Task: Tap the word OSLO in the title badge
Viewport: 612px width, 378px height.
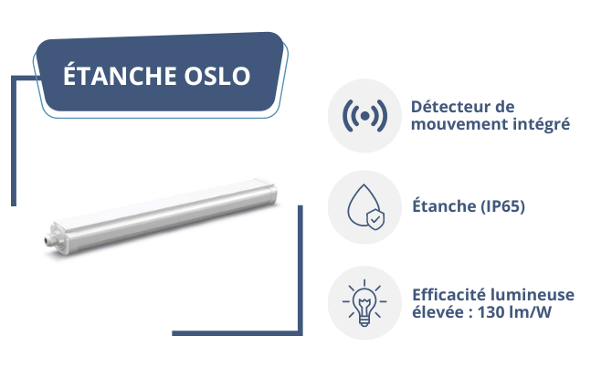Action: click(217, 76)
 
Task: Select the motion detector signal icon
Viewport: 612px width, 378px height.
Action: click(364, 116)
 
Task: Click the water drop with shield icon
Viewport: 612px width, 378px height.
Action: click(365, 206)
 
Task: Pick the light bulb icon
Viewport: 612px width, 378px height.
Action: click(364, 303)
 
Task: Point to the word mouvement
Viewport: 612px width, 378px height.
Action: click(459, 124)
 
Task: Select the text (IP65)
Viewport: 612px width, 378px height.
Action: click(502, 206)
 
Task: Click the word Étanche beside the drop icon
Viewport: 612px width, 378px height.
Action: click(444, 205)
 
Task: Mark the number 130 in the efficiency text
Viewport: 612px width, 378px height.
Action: click(491, 312)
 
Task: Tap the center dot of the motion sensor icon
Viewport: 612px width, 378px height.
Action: click(364, 116)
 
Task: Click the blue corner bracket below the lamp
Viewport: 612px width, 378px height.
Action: click(300, 332)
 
